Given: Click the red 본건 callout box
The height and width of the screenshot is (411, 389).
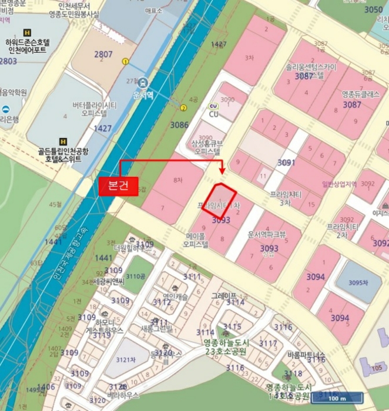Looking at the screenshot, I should (118, 186).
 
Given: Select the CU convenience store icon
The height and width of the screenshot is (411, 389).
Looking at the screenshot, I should (213, 106).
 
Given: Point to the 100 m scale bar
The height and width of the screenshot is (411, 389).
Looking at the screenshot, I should (333, 399).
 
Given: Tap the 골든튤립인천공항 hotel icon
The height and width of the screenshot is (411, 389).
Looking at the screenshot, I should (63, 142).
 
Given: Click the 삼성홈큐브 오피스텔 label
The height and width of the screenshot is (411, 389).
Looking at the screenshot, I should (206, 147).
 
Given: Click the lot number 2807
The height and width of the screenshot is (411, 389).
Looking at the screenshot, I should (103, 55).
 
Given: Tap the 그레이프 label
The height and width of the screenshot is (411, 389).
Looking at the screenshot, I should (224, 295).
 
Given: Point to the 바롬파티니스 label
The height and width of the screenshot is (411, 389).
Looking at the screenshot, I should (306, 355).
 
